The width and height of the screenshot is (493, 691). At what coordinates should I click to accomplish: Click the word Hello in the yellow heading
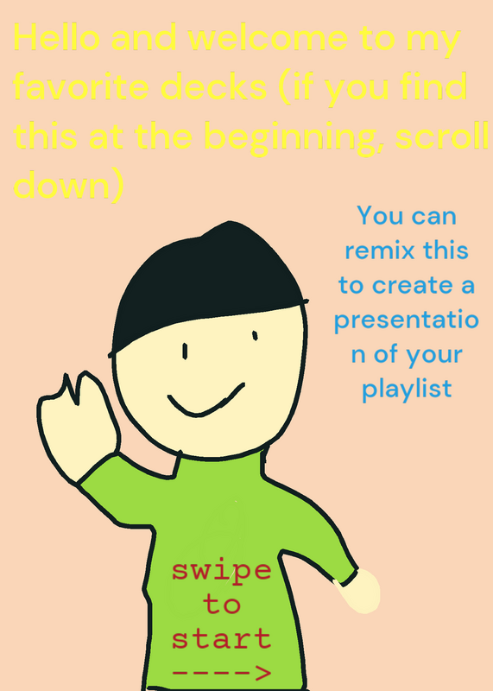tap(57, 37)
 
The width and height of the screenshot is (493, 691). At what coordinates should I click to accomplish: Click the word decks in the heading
tap(214, 86)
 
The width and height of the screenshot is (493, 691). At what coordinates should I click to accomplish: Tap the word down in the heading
tap(61, 185)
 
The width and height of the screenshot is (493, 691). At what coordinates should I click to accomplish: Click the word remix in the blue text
tap(380, 250)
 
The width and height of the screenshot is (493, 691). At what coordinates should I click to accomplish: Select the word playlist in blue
tap(407, 390)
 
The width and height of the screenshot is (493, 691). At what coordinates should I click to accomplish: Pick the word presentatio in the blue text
tap(406, 320)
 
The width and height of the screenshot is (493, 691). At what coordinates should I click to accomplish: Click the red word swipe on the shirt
tap(221, 572)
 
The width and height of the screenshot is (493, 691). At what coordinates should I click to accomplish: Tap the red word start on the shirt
tap(221, 638)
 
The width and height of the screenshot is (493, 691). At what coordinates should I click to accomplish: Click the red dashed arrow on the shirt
tap(221, 673)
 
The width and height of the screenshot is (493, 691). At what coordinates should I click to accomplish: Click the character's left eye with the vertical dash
tap(185, 352)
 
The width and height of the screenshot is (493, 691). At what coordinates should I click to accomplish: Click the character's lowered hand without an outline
tap(359, 592)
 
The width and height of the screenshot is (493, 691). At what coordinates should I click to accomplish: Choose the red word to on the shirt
tap(222, 604)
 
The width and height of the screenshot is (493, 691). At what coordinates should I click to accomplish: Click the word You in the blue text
tap(375, 215)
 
